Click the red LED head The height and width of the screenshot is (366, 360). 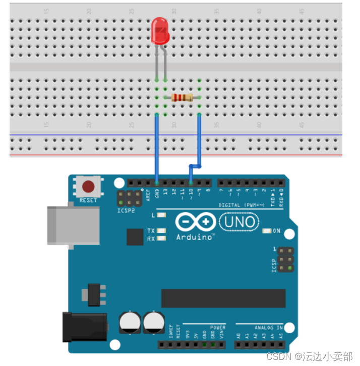click(x=160, y=30)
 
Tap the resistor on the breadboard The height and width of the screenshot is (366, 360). click(x=182, y=97)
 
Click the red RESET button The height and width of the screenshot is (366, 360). click(x=88, y=187)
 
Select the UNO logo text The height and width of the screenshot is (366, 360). click(x=240, y=222)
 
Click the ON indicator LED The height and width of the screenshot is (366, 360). click(x=266, y=231)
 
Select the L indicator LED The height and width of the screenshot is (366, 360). click(x=161, y=215)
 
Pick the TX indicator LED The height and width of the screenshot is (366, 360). click(x=161, y=231)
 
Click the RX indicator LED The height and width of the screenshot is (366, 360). click(x=161, y=238)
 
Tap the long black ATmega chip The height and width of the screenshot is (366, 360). click(x=223, y=298)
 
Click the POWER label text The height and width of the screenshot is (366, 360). click(x=218, y=327)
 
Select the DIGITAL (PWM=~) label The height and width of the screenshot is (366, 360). click(x=244, y=205)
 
